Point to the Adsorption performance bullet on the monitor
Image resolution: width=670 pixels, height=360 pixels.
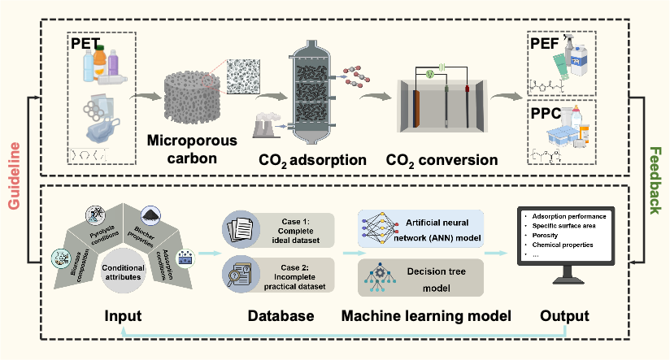574,216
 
